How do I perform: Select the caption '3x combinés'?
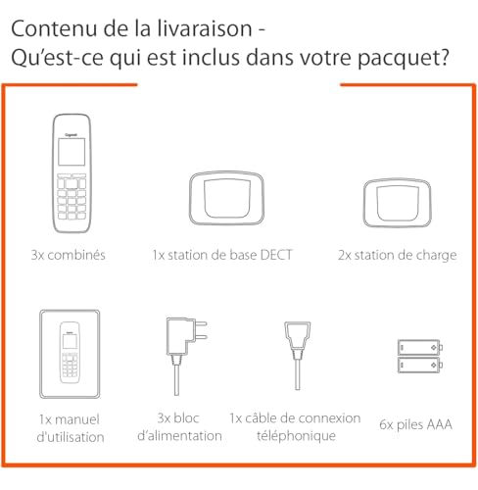coord(68,256)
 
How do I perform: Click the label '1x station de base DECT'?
coord(221,256)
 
